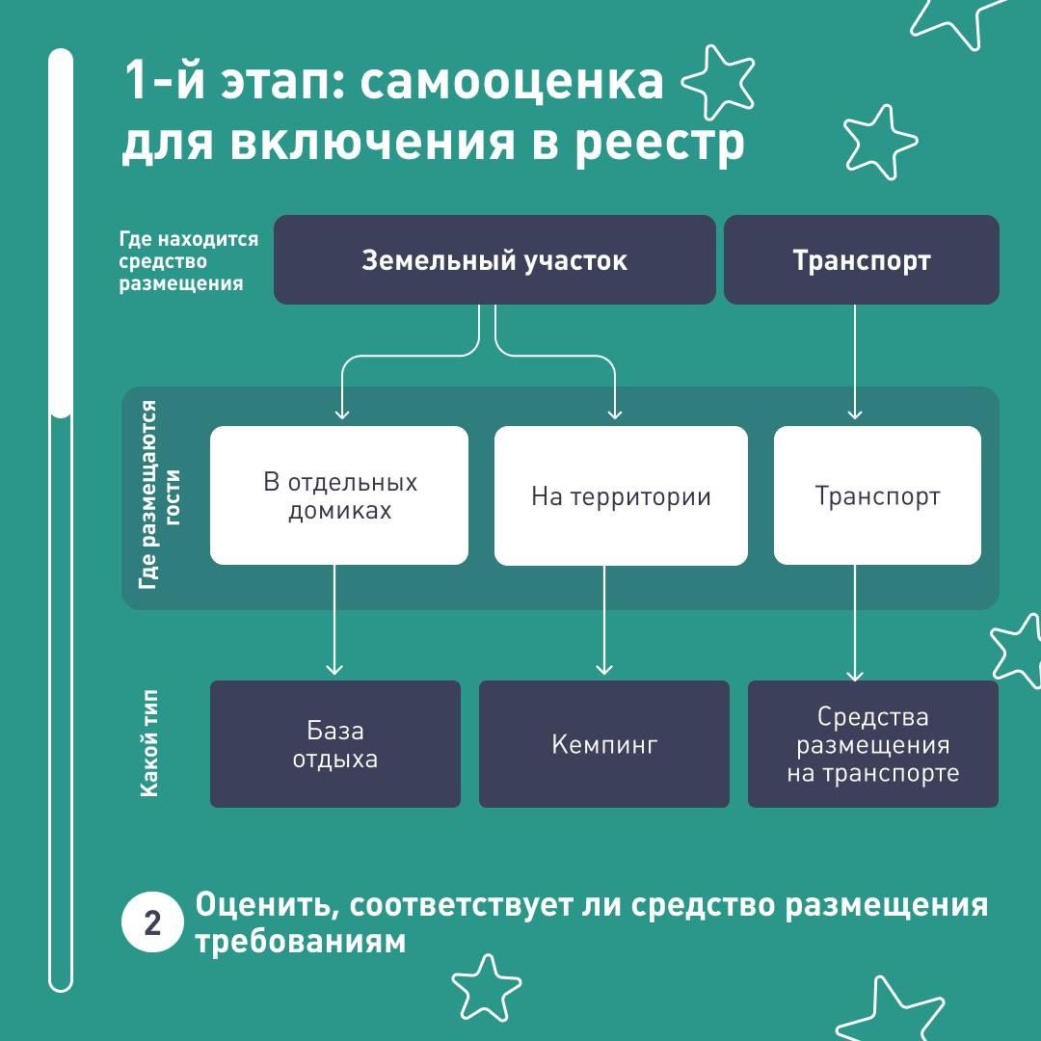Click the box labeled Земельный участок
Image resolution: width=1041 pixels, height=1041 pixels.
494,259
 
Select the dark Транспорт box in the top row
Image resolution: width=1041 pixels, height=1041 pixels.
861,259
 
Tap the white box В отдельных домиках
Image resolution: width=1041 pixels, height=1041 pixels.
339,495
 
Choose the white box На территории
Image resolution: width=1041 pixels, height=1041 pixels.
621,496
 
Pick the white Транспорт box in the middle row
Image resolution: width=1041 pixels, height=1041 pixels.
877,495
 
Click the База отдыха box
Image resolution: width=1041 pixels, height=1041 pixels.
335,744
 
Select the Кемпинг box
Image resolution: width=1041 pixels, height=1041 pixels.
604,744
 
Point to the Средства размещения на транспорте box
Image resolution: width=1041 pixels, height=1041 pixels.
873,744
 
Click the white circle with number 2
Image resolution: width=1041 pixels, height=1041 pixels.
152,922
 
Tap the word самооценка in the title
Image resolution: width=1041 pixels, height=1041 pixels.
512,82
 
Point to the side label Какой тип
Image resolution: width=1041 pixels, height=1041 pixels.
148,743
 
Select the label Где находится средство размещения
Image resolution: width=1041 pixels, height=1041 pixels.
189,261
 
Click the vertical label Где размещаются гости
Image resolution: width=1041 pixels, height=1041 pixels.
159,495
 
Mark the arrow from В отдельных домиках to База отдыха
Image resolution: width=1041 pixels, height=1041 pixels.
334,620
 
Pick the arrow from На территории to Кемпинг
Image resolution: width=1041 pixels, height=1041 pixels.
604,620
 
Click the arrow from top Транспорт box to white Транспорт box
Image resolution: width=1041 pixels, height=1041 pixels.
855,362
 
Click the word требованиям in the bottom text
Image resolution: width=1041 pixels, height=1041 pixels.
300,942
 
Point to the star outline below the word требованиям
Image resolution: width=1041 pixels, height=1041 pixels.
487,988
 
